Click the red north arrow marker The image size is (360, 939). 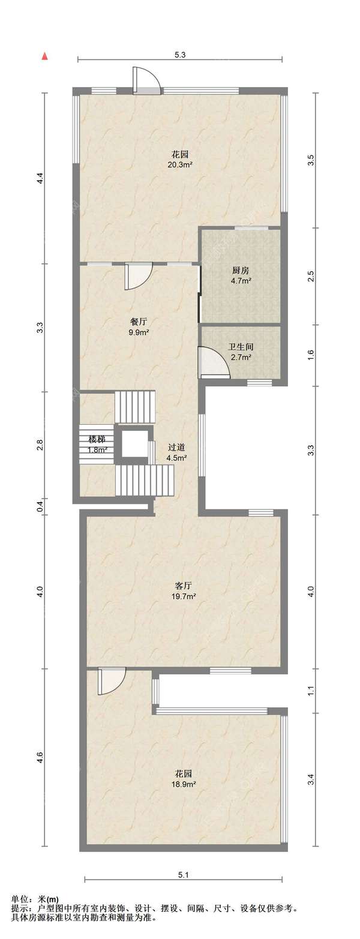(x=44, y=56)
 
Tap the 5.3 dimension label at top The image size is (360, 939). (x=179, y=54)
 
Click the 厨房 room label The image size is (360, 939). (x=241, y=271)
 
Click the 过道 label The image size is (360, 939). (x=176, y=448)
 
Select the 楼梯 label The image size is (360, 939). (x=97, y=440)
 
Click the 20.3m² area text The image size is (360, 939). (x=180, y=165)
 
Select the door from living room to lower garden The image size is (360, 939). (x=112, y=681)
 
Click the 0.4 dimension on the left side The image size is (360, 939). (x=40, y=506)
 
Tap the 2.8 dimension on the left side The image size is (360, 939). (x=40, y=445)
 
